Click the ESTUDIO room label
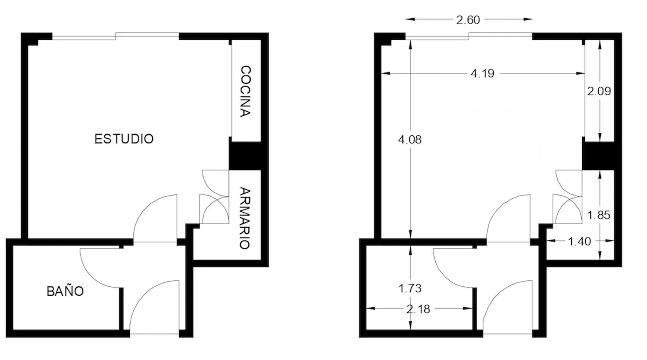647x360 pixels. point(124,139)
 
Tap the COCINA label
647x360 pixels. point(246,91)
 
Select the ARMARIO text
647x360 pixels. point(245,218)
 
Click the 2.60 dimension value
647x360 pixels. point(468,20)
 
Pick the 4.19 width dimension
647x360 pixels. point(483,73)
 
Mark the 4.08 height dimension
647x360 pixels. point(410,140)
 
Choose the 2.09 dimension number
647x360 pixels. point(600,91)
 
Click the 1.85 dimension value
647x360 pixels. point(599,215)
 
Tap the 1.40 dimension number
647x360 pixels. point(580,241)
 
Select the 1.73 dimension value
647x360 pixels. point(410,288)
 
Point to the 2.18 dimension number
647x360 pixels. point(418,309)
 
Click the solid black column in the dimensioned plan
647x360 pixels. point(598,156)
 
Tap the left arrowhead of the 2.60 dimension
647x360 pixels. point(410,19)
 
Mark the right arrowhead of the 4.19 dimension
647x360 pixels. point(580,73)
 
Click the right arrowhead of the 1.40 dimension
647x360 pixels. point(609,241)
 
